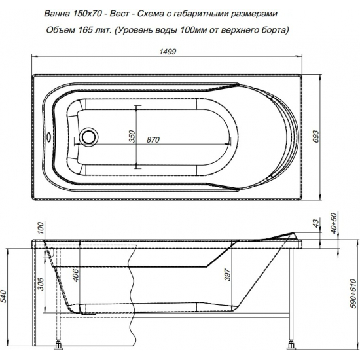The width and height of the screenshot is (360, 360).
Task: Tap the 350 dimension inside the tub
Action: (x=131, y=136)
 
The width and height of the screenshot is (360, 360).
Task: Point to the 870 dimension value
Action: (x=155, y=139)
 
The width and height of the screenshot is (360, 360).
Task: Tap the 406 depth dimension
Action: (x=75, y=276)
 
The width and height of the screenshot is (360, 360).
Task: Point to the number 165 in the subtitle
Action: (x=107, y=30)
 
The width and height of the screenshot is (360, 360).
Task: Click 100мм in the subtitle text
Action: (x=211, y=30)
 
